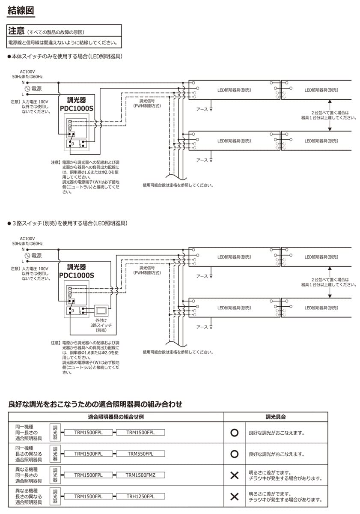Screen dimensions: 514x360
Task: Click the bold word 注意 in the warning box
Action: pyautogui.click(x=17, y=32)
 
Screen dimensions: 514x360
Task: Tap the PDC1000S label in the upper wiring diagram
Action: pyautogui.click(x=76, y=108)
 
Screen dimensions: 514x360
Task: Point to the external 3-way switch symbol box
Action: pyautogui.click(x=101, y=310)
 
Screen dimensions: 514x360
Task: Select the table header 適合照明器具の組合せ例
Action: pyautogui.click(x=116, y=417)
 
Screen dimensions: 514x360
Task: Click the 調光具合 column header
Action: pyautogui.click(x=276, y=417)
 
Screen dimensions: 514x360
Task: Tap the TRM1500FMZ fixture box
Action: pyautogui.click(x=140, y=475)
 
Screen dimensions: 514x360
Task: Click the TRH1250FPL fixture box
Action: pyautogui.click(x=140, y=496)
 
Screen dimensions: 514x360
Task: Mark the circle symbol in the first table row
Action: pyautogui.click(x=234, y=433)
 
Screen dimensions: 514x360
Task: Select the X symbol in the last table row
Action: pyautogui.click(x=234, y=497)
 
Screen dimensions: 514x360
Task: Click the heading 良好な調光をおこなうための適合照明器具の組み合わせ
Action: pyautogui.click(x=95, y=404)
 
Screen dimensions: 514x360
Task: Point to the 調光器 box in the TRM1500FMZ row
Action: pyautogui.click(x=55, y=475)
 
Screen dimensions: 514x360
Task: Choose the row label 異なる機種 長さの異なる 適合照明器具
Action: pyautogui.click(x=28, y=496)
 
